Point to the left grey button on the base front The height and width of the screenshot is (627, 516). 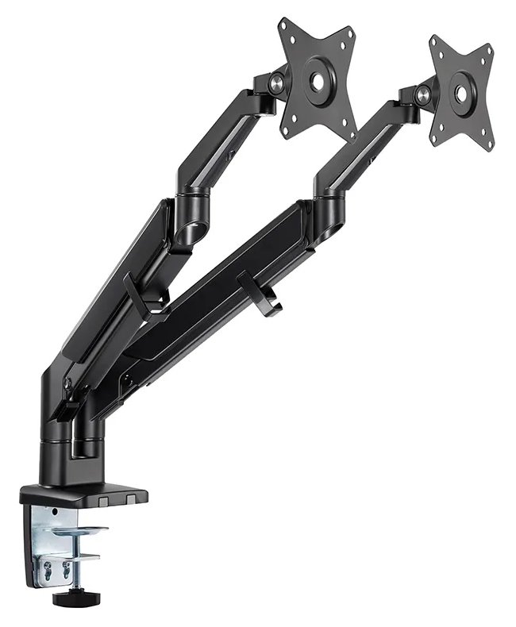106,501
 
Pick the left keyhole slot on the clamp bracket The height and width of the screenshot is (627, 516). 47,568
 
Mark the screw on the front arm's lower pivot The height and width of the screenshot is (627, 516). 124,382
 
